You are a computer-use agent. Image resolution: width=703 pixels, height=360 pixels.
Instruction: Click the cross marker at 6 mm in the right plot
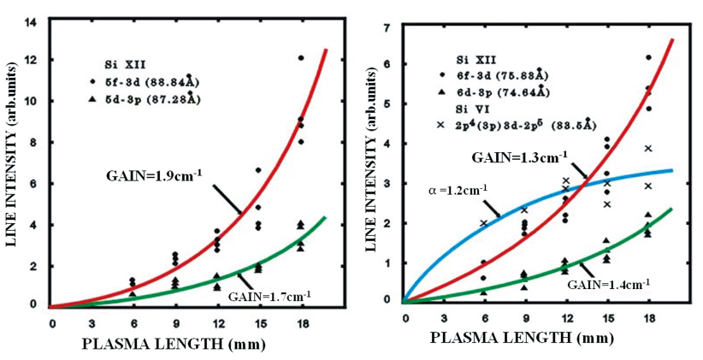pyautogui.click(x=484, y=223)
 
